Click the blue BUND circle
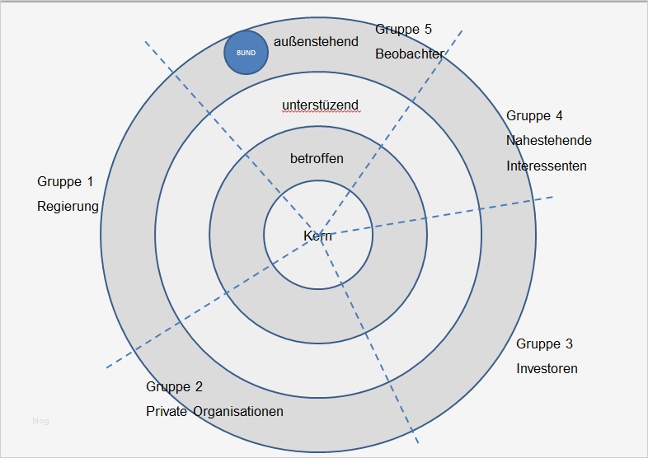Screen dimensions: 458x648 (x=246, y=53)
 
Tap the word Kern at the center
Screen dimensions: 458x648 (x=317, y=236)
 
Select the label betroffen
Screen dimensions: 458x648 (x=317, y=158)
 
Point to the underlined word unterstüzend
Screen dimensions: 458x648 (x=320, y=105)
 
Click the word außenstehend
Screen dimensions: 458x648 (x=316, y=40)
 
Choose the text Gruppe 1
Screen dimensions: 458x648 (x=66, y=181)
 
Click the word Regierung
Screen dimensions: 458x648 (x=68, y=207)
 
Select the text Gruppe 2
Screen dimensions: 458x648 (x=174, y=386)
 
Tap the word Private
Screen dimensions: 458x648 (x=167, y=411)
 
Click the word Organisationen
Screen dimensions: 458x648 (x=238, y=411)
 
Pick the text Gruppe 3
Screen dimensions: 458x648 (x=544, y=343)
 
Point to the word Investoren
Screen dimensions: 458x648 (x=547, y=368)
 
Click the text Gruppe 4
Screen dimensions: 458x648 (x=534, y=116)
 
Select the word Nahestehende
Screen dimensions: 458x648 (x=548, y=140)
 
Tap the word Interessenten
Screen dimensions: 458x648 (x=546, y=166)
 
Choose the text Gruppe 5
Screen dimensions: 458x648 (x=403, y=29)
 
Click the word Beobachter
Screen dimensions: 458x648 (x=409, y=54)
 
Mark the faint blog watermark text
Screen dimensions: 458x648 (x=40, y=421)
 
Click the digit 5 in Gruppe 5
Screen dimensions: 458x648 (x=427, y=29)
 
